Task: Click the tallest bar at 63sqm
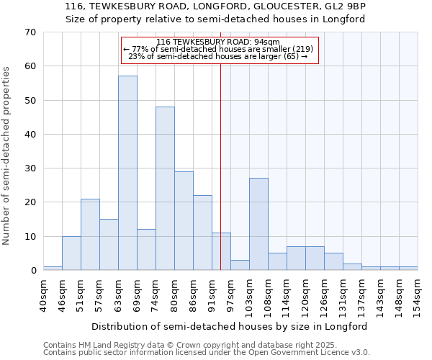(127, 173)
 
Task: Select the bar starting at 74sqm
(165, 189)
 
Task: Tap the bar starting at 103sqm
(258, 224)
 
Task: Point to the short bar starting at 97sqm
(240, 265)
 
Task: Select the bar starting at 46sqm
(71, 253)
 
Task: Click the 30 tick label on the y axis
(30, 168)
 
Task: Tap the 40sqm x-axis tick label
(44, 294)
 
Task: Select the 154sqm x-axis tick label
(418, 294)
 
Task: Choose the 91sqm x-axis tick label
(212, 294)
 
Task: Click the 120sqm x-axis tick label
(305, 294)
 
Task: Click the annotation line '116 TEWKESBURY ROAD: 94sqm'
(218, 42)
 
